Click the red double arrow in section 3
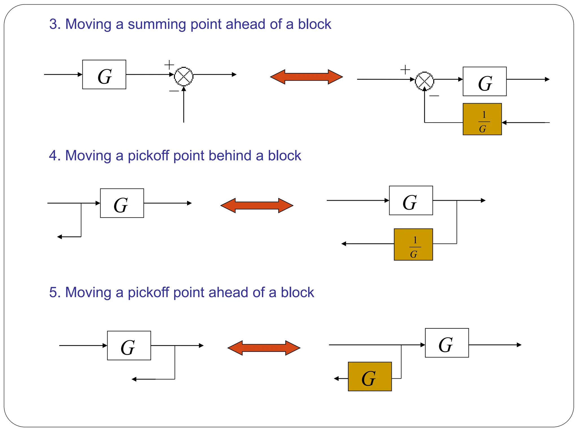306,77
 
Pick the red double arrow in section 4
257,205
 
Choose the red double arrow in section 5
264,348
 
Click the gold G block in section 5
370,376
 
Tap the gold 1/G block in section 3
482,119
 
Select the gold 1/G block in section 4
413,244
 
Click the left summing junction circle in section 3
184,76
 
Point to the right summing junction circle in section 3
424,81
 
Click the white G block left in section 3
104,74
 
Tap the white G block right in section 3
485,81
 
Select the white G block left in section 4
122,203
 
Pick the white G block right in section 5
447,343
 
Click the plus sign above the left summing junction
169,65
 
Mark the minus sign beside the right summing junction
434,96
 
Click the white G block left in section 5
129,345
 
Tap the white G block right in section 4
411,200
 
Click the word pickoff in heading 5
148,292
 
